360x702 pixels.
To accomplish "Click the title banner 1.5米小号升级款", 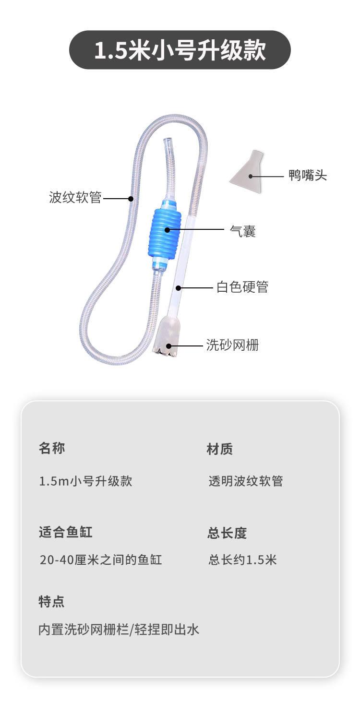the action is pyautogui.click(x=180, y=50).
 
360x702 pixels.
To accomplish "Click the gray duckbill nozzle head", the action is pyautogui.click(x=248, y=173).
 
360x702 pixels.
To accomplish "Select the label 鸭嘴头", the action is pyautogui.click(x=308, y=176).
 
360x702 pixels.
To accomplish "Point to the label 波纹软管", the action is pyautogui.click(x=75, y=198).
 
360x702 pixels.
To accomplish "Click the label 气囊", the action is pyautogui.click(x=243, y=232).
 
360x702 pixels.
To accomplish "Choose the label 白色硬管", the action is pyautogui.click(x=242, y=287).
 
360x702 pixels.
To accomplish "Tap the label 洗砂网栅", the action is pyautogui.click(x=232, y=345).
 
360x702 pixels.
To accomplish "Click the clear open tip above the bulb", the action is pyautogui.click(x=168, y=143).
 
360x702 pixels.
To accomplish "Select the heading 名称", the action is pyautogui.click(x=52, y=448).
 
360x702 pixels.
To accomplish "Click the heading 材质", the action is pyautogui.click(x=220, y=449).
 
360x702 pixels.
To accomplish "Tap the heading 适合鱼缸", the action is pyautogui.click(x=65, y=532).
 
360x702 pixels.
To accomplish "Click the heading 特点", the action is pyautogui.click(x=51, y=601).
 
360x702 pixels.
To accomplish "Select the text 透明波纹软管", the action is pyautogui.click(x=246, y=481).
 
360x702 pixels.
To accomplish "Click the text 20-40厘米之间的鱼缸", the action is pyautogui.click(x=101, y=560).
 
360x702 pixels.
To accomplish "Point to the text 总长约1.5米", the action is pyautogui.click(x=242, y=560).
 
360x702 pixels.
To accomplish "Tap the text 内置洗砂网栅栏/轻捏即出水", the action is pyautogui.click(x=119, y=630).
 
